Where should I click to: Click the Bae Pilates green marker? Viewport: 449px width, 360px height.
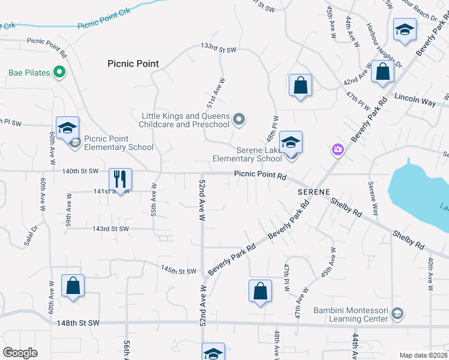tap(59, 73)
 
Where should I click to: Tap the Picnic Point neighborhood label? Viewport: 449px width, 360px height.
tap(133, 64)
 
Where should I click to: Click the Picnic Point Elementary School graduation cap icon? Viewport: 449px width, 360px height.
tap(67, 127)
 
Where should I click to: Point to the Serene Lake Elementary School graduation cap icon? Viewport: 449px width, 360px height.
tap(291, 142)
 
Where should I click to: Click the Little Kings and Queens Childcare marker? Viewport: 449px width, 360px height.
tap(239, 119)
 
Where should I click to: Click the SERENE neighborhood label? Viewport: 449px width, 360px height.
tap(313, 191)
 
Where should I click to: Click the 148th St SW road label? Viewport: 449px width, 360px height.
tap(77, 323)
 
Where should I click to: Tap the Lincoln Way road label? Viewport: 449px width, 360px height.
tap(415, 100)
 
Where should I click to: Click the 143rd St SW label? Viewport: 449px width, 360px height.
tap(110, 229)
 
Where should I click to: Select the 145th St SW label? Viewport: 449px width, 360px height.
tap(178, 271)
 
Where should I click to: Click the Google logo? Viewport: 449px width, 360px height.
tap(20, 353)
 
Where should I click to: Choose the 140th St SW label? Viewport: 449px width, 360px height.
tap(80, 171)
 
